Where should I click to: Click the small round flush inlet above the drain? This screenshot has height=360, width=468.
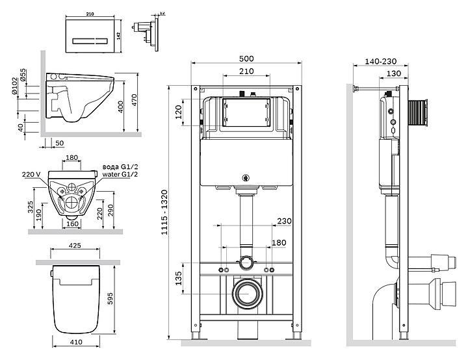coord(246,263)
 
